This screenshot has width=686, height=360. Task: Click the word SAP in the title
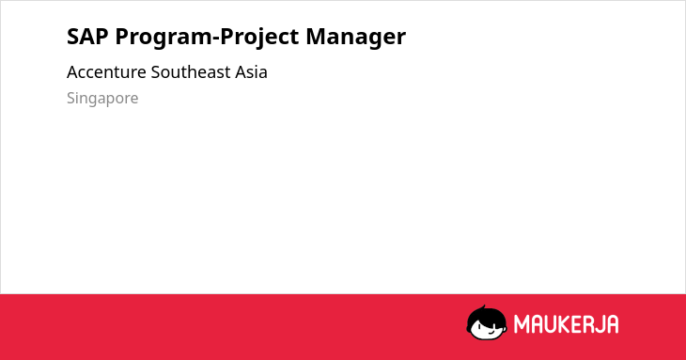pyautogui.click(x=87, y=37)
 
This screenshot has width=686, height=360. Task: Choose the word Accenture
pyautogui.click(x=106, y=72)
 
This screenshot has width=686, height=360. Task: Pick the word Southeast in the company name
pyautogui.click(x=191, y=72)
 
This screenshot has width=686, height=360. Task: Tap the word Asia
pyautogui.click(x=251, y=72)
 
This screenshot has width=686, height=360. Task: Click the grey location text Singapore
pyautogui.click(x=102, y=99)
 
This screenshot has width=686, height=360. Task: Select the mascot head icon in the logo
pyautogui.click(x=487, y=323)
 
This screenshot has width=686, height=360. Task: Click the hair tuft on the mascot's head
pyautogui.click(x=483, y=308)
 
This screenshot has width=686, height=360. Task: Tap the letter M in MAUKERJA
pyautogui.click(x=522, y=324)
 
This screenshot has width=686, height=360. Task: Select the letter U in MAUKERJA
pyautogui.click(x=551, y=324)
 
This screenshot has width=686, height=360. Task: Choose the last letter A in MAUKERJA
pyautogui.click(x=613, y=324)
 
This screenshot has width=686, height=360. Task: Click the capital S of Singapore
pyautogui.click(x=70, y=98)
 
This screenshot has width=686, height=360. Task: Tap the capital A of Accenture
pyautogui.click(x=71, y=72)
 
